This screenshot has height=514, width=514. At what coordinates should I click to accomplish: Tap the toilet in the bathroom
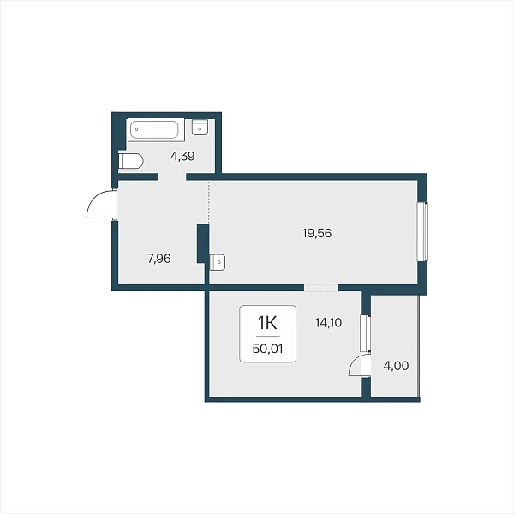[x=130, y=161]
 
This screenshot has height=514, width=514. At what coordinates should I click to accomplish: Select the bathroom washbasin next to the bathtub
[x=200, y=127]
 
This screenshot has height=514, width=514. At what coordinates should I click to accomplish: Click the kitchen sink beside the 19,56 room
[x=218, y=262]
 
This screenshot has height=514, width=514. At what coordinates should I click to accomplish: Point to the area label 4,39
[x=182, y=157]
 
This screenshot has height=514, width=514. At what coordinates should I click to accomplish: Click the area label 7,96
[x=159, y=259]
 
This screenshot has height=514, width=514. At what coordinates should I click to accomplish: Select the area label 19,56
[x=317, y=233]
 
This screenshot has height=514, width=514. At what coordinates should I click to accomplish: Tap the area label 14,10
[x=328, y=323]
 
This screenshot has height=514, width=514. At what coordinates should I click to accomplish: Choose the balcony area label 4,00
[x=396, y=366]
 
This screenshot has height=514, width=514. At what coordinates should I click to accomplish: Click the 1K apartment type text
[x=267, y=323]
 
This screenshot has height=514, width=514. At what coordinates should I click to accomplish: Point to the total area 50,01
[x=267, y=349]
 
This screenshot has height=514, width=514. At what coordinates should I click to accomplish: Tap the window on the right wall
[x=422, y=232]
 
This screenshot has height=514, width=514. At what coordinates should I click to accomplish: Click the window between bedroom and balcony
[x=365, y=333]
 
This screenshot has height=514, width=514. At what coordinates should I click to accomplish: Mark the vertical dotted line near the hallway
[x=209, y=202]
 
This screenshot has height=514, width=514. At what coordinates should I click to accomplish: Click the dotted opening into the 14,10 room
[x=321, y=288]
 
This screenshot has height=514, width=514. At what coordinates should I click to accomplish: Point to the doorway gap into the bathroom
[x=172, y=177]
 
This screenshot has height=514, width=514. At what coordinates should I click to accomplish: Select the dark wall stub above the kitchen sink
[x=203, y=243]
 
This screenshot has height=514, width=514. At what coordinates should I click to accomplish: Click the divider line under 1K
[x=268, y=337]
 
